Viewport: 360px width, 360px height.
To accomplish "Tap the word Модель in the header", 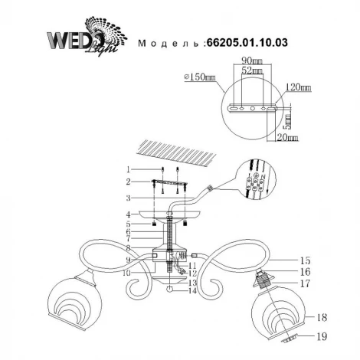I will [170, 44].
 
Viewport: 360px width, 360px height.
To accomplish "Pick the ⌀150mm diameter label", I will [201, 78].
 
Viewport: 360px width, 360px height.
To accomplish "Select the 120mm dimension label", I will [301, 88].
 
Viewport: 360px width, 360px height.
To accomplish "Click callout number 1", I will [129, 169].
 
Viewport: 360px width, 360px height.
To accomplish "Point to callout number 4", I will [129, 214].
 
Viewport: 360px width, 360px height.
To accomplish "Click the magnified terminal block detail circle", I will [253, 182].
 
